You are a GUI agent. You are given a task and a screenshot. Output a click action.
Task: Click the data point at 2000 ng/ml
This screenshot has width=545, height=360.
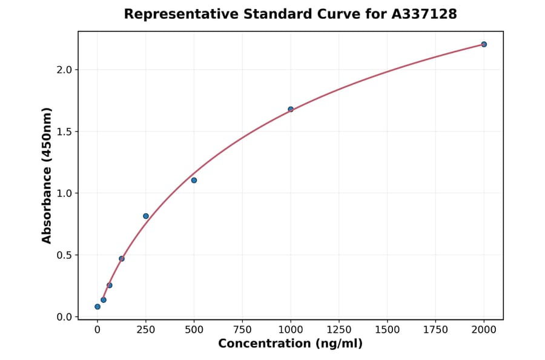click(x=484, y=44)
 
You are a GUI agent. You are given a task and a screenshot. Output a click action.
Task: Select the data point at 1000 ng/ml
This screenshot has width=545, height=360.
click(x=291, y=109)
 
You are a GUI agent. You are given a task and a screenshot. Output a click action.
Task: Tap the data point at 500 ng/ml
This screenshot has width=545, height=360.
click(x=194, y=180)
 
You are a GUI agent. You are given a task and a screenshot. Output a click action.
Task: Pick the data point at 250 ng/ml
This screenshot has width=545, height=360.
click(x=146, y=216)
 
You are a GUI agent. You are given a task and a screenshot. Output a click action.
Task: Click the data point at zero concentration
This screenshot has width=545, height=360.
click(x=97, y=307)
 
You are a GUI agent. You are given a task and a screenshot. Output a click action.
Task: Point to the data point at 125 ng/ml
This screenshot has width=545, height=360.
click(x=122, y=259)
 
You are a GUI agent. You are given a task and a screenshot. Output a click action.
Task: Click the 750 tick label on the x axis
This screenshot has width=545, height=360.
click(x=242, y=330)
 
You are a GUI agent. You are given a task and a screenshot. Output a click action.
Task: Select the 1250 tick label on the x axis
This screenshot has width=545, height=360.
click(x=339, y=330)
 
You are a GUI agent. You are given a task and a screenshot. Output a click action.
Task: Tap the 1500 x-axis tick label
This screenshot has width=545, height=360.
click(x=387, y=330)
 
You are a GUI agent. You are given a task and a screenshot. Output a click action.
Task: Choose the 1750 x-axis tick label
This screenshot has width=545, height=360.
click(x=435, y=330)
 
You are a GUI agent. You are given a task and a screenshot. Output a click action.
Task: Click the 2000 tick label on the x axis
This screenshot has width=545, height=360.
click(x=484, y=330)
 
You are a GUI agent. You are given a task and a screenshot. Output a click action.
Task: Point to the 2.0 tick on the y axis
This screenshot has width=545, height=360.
click(x=64, y=70)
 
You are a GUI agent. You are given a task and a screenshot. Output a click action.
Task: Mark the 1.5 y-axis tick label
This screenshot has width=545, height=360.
click(x=64, y=132)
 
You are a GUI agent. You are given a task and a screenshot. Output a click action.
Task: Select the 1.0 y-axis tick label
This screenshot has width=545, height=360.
click(x=64, y=193)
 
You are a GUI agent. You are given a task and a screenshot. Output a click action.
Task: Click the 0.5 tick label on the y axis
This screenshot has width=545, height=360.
click(x=64, y=255)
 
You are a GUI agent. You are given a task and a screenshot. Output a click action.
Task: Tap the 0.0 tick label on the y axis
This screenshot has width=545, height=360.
click(x=64, y=317)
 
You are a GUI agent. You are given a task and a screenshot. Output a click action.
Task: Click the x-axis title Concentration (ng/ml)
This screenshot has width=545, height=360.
click(x=290, y=344)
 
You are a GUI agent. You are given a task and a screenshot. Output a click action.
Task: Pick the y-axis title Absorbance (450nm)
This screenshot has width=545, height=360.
click(x=47, y=175)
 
